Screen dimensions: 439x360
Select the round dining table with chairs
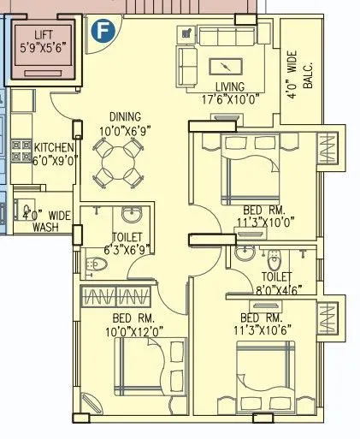coord(115,163)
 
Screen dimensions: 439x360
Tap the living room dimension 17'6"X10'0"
coord(230,99)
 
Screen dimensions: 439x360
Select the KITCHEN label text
coord(54,147)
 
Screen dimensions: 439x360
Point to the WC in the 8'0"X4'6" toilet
coord(274,260)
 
